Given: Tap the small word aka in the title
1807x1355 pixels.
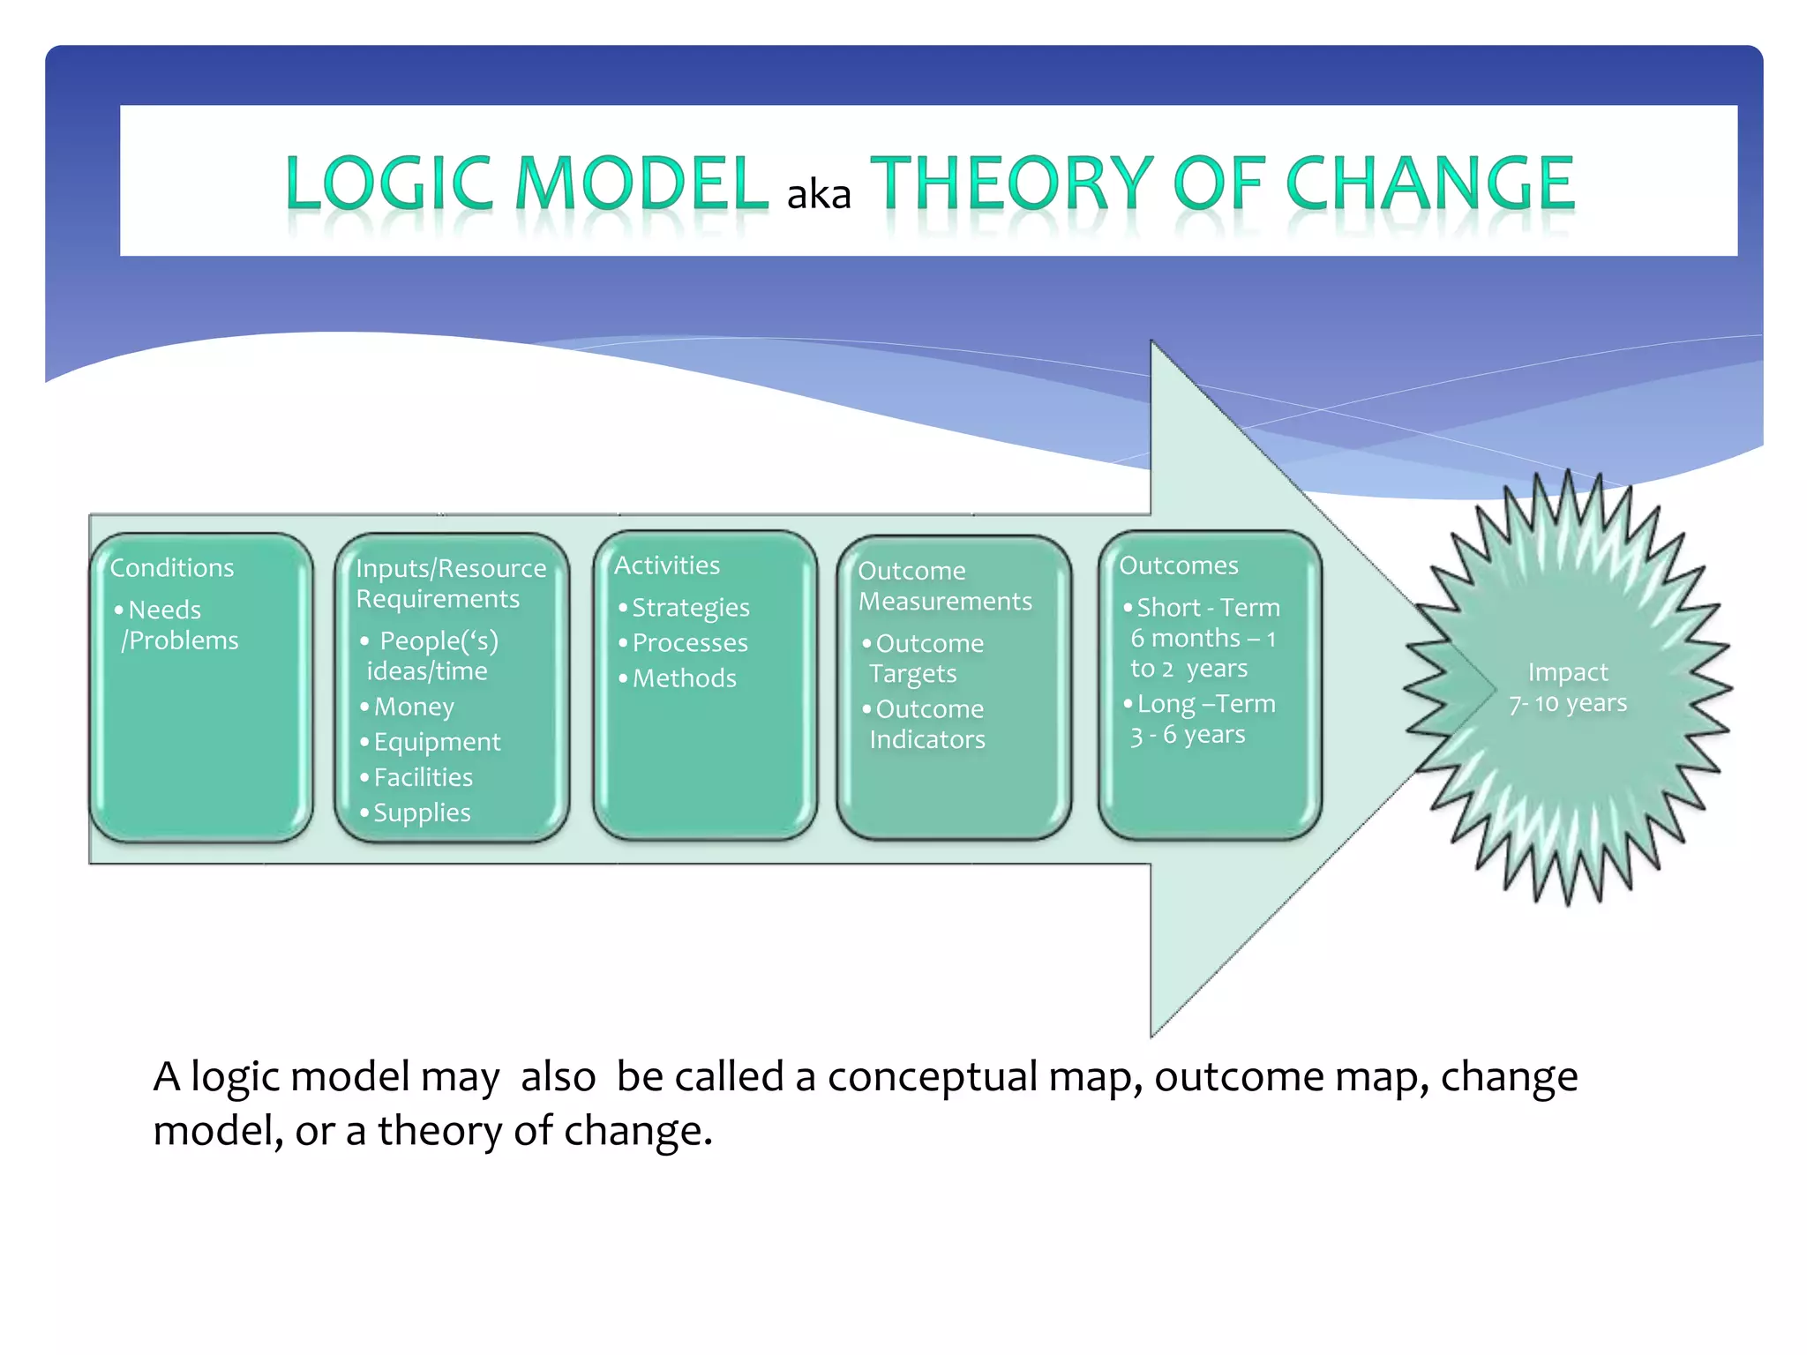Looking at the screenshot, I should pyautogui.click(x=818, y=195).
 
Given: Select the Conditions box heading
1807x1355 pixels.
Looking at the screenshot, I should pyautogui.click(x=172, y=567).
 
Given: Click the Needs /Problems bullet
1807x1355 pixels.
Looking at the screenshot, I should pyautogui.click(x=176, y=625).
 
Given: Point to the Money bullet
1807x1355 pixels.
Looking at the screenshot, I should pyautogui.click(x=413, y=707).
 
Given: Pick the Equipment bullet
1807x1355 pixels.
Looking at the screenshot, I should pyautogui.click(x=436, y=742).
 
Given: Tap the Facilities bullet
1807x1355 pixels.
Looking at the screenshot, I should pyautogui.click(x=423, y=777).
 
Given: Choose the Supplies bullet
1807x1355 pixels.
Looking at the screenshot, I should pyautogui.click(x=421, y=812).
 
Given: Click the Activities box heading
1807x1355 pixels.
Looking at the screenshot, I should pyautogui.click(x=667, y=565).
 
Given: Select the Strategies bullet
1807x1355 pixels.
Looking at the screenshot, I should pyautogui.click(x=690, y=608).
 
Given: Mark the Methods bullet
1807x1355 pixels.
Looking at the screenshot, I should pyautogui.click(x=684, y=678).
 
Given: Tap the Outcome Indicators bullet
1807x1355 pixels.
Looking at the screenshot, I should pyautogui.click(x=926, y=724).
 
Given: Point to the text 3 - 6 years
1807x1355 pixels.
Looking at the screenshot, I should pyautogui.click(x=1188, y=735).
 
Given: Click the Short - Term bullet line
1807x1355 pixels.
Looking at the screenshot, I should pyautogui.click(x=1207, y=608).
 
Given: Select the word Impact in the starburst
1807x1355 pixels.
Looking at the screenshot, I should pyautogui.click(x=1568, y=672).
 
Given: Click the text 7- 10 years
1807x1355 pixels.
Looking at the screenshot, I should pyautogui.click(x=1568, y=704).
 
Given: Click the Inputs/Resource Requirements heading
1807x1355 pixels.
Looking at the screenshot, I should pyautogui.click(x=450, y=583).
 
